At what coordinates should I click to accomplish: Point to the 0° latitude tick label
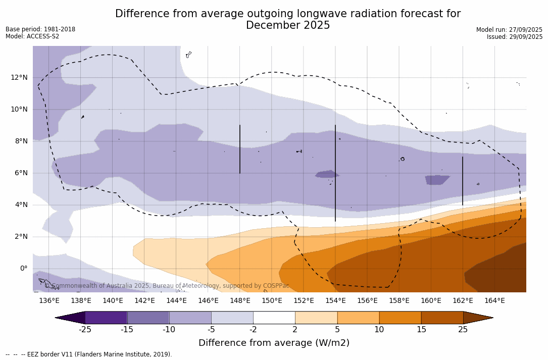[x=23, y=268]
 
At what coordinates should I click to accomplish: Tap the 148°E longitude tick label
[x=240, y=300]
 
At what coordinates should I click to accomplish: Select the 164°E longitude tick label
[x=494, y=300]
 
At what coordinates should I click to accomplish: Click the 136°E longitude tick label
[x=49, y=300]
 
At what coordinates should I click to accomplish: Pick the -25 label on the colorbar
[x=85, y=330]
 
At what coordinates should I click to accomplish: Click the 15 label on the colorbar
[x=421, y=330]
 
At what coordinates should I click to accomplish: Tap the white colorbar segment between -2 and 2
[x=274, y=318]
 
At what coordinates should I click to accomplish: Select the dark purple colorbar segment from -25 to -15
[x=106, y=318]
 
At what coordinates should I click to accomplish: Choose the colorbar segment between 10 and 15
[x=400, y=318]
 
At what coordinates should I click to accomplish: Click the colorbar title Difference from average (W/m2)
[x=274, y=343]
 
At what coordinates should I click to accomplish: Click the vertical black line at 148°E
[x=240, y=149]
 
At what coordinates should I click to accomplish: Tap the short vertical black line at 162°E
[x=463, y=181]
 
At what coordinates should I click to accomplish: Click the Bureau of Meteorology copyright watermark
[x=167, y=286]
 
